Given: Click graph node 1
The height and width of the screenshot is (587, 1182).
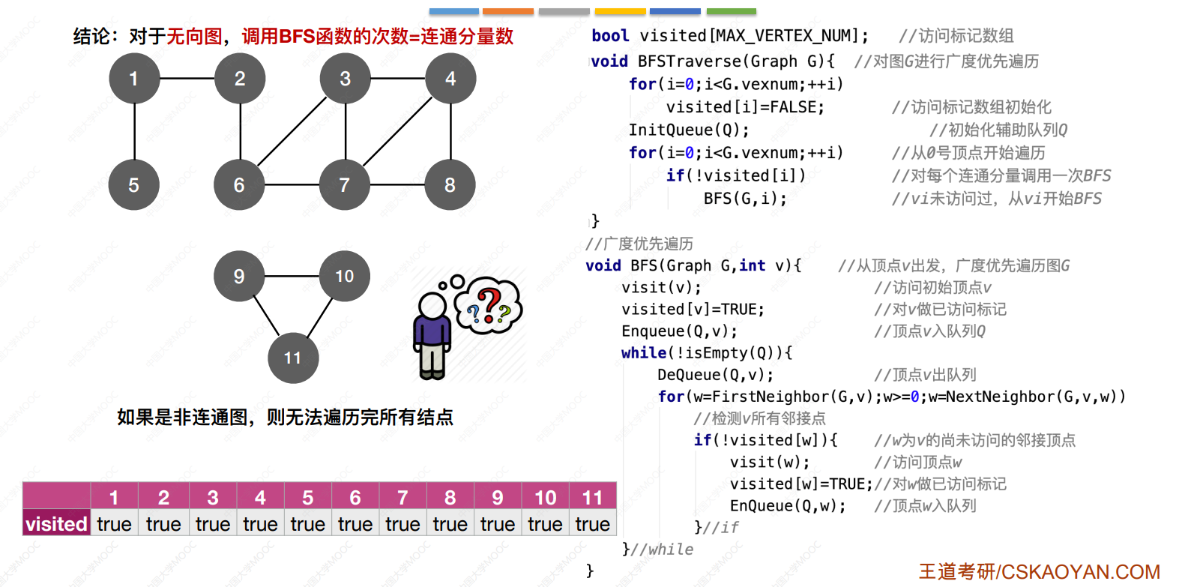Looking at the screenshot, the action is [134, 78].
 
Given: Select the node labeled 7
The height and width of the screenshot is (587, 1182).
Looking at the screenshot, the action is [345, 184].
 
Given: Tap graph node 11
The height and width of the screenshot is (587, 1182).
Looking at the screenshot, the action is [293, 358].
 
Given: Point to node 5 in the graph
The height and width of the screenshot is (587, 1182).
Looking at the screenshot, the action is [134, 184].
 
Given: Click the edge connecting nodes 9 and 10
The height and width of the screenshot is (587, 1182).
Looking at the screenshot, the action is [292, 276].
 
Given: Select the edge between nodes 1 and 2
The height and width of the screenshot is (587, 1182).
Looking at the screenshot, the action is [187, 78].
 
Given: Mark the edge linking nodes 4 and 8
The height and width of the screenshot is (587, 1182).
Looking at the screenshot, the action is [450, 131].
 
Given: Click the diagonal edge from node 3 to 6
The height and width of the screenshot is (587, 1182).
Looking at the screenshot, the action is [292, 131].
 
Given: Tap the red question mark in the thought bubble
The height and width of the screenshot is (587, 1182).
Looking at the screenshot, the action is [490, 305].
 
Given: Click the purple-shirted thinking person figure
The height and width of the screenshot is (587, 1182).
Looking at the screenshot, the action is [432, 335].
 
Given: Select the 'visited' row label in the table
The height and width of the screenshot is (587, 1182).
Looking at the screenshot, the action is [56, 524].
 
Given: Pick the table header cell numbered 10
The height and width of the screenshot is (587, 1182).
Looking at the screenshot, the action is [545, 497].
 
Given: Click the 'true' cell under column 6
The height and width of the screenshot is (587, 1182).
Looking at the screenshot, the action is [355, 524].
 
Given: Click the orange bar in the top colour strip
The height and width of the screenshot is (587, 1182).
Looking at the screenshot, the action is [508, 11].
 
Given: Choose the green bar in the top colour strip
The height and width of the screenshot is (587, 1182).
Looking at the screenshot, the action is [732, 11].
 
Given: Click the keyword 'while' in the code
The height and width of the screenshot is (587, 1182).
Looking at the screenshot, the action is [644, 352].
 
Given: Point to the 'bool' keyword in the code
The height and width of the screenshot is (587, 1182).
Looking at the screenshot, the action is [610, 36].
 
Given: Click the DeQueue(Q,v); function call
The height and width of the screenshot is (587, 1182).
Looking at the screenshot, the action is [716, 375].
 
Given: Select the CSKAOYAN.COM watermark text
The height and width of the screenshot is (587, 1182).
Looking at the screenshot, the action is [1081, 572].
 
